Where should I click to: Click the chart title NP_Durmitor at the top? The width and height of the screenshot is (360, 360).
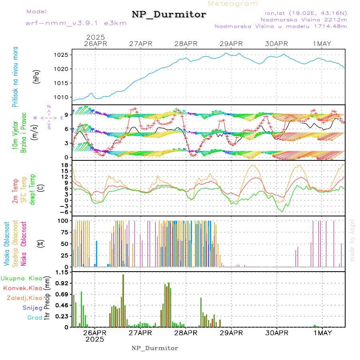click(x=169, y=15)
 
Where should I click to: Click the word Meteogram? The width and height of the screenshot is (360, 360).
click(x=233, y=4)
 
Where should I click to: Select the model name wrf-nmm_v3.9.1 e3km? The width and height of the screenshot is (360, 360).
click(x=76, y=23)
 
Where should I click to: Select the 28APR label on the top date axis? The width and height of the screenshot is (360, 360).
click(x=186, y=44)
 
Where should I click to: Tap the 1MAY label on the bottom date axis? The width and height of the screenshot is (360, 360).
click(x=322, y=333)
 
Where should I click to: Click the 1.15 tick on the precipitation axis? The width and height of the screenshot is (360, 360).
click(x=63, y=272)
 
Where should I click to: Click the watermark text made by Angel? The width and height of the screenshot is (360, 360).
click(x=352, y=240)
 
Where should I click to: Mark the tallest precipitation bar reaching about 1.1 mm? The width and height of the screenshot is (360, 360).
click(x=123, y=300)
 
